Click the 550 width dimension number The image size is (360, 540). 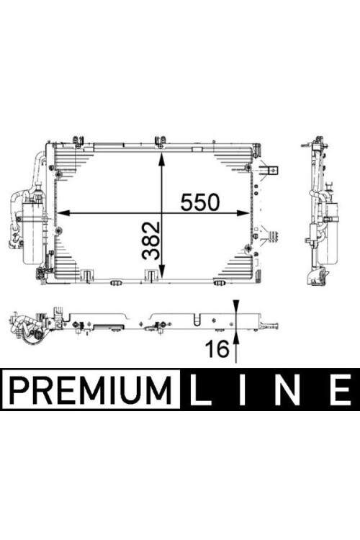(x=200, y=202)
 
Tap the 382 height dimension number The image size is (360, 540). (x=151, y=240)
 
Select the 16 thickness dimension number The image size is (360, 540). (x=217, y=348)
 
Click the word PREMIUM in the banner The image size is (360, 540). (x=91, y=391)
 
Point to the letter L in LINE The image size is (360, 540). (x=200, y=390)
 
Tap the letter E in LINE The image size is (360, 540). (x=341, y=390)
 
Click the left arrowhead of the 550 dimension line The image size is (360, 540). (x=63, y=213)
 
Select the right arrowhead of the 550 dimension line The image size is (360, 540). (x=243, y=213)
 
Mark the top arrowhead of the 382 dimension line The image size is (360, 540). (x=161, y=158)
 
